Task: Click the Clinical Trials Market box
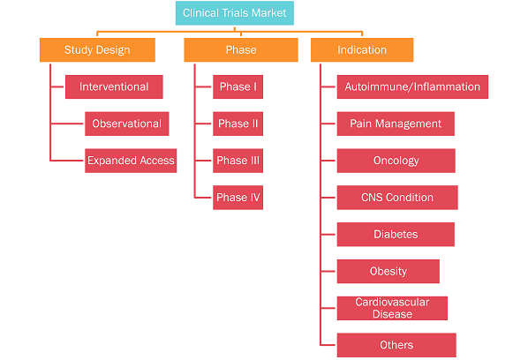pyautogui.click(x=234, y=13)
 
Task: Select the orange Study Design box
pyautogui.click(x=97, y=49)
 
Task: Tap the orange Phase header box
pyautogui.click(x=241, y=49)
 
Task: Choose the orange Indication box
pyautogui.click(x=362, y=49)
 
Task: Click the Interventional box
pyautogui.click(x=114, y=86)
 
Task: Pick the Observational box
pyautogui.click(x=127, y=124)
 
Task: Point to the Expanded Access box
pyautogui.click(x=131, y=161)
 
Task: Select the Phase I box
pyautogui.click(x=238, y=86)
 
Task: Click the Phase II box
pyautogui.click(x=238, y=124)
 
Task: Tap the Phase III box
pyautogui.click(x=238, y=161)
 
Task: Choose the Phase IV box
pyautogui.click(x=238, y=198)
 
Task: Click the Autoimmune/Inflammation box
pyautogui.click(x=412, y=86)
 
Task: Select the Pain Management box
pyautogui.click(x=396, y=124)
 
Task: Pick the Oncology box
pyautogui.click(x=396, y=161)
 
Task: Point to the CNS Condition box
pyautogui.click(x=397, y=198)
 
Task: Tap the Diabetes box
pyautogui.click(x=396, y=234)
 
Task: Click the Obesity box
pyautogui.click(x=388, y=271)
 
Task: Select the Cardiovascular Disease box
pyautogui.click(x=392, y=308)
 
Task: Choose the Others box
pyautogui.click(x=396, y=345)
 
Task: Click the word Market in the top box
pyautogui.click(x=269, y=13)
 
